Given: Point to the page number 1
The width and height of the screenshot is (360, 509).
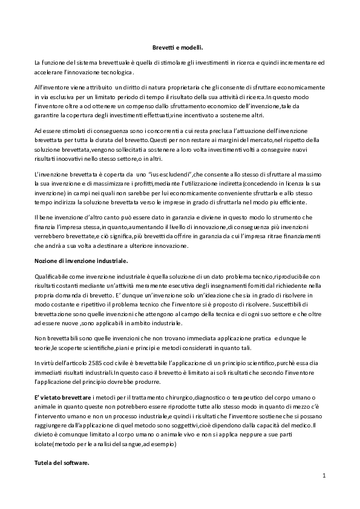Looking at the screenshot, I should click(x=324, y=475).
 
